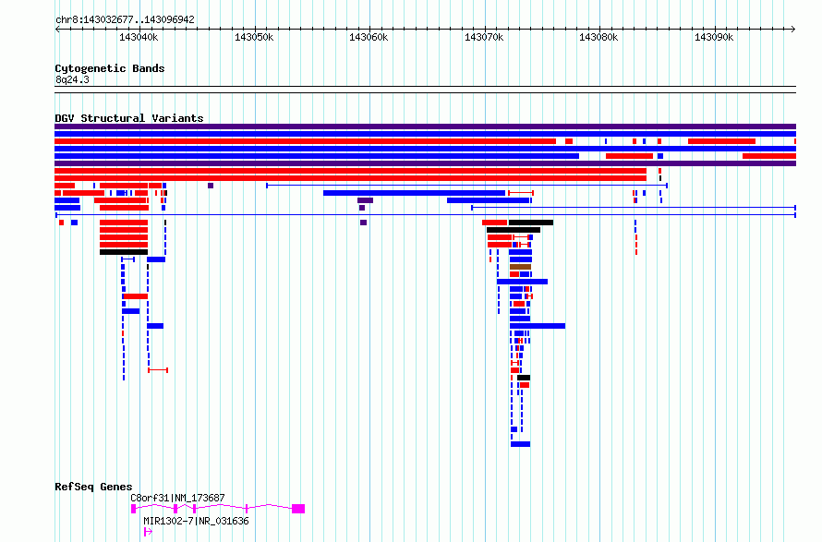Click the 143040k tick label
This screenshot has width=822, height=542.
tap(139, 37)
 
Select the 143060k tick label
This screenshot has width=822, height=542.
tap(369, 37)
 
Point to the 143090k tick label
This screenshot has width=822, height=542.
tap(714, 37)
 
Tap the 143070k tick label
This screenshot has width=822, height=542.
tap(484, 37)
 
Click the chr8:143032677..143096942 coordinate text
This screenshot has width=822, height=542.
tap(125, 19)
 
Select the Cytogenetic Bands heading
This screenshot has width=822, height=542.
tap(110, 68)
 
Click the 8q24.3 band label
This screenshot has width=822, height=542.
tap(72, 79)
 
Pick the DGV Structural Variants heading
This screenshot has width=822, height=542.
tap(129, 118)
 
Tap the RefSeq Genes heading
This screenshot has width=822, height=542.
tap(93, 487)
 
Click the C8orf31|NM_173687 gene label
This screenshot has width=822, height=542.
tap(177, 498)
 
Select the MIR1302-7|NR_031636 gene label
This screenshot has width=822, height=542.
tap(196, 521)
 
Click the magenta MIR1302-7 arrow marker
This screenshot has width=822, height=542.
tap(148, 532)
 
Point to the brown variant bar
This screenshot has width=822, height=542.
tap(521, 267)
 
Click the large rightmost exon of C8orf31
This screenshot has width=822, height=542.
tap(298, 509)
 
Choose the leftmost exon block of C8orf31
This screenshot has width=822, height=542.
tap(133, 509)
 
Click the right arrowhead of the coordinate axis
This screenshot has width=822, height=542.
tap(794, 30)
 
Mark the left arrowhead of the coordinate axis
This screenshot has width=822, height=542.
tap(56, 30)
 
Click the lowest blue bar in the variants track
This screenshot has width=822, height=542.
tap(521, 444)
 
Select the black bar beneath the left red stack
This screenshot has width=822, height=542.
tap(124, 252)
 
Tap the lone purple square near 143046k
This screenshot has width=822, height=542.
tap(211, 186)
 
